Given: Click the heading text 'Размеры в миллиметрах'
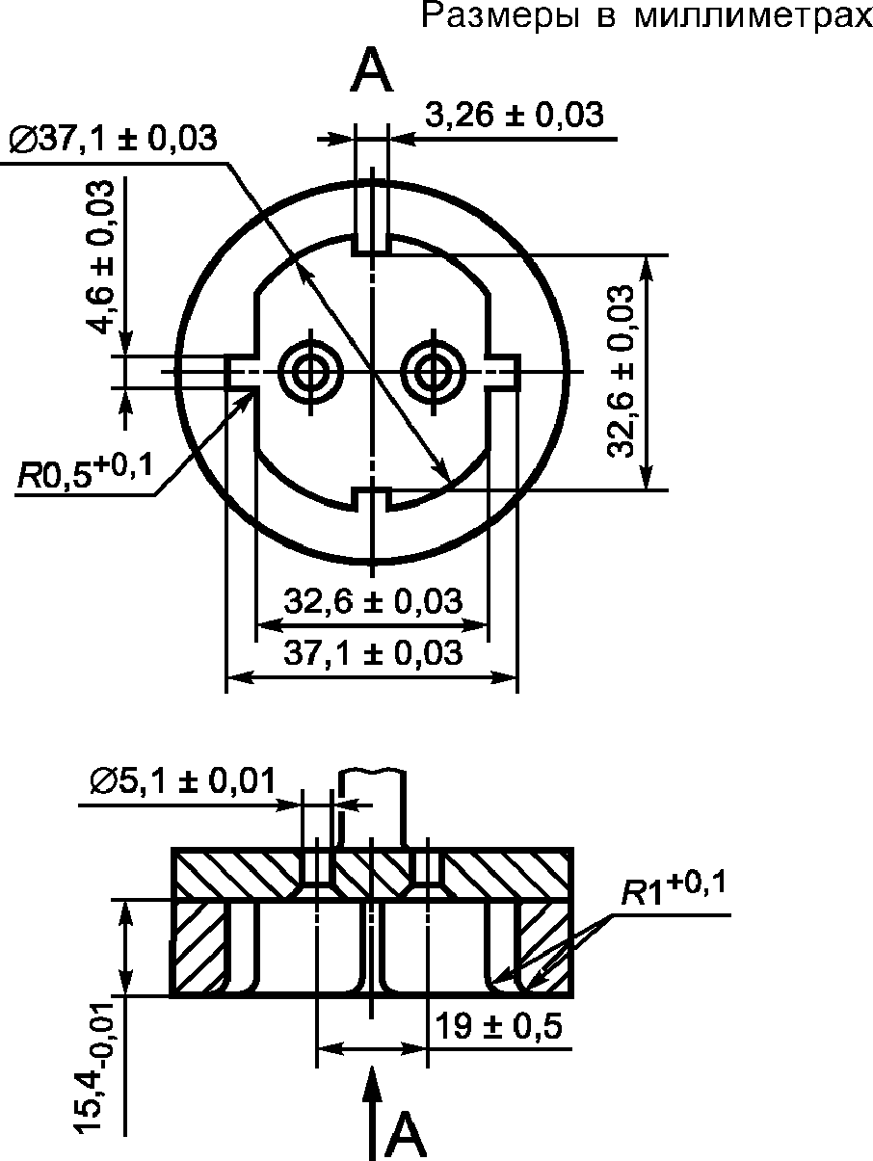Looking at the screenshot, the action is (x=647, y=17).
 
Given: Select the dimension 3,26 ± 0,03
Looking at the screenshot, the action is (x=514, y=114).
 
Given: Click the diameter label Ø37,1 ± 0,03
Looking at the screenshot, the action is (x=112, y=139).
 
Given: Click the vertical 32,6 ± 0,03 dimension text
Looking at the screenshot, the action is (x=620, y=371).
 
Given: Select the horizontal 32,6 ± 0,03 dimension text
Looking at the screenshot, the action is (x=373, y=601).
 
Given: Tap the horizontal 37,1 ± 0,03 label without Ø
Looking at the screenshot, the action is (x=373, y=652).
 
